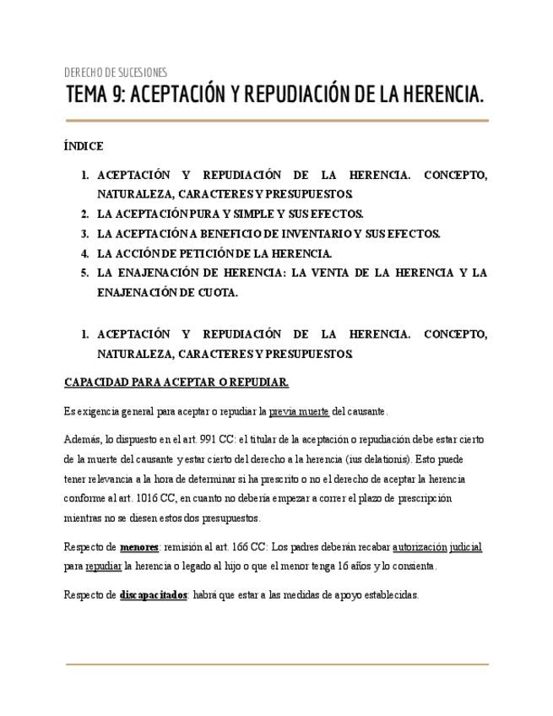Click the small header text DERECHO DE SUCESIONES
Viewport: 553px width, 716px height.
click(x=116, y=72)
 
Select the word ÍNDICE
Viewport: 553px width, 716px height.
click(x=84, y=146)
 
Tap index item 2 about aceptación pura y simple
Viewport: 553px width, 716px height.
click(x=230, y=214)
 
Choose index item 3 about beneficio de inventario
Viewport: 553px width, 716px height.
click(x=268, y=233)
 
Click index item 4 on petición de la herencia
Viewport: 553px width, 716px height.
click(x=214, y=252)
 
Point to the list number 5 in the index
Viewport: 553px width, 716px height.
click(x=84, y=273)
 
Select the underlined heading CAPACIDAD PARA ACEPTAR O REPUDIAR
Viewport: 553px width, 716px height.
click(x=176, y=382)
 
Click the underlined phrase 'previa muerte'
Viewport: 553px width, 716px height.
click(x=299, y=411)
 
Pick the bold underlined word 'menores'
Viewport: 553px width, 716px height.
click(x=139, y=547)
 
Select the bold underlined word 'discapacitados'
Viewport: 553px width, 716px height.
click(x=153, y=595)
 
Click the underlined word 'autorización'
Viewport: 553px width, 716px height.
click(x=420, y=547)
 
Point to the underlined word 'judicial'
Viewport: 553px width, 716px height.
click(x=466, y=547)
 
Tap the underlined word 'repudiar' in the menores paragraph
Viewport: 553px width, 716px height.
click(x=104, y=566)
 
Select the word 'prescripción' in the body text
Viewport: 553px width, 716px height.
click(x=420, y=498)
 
